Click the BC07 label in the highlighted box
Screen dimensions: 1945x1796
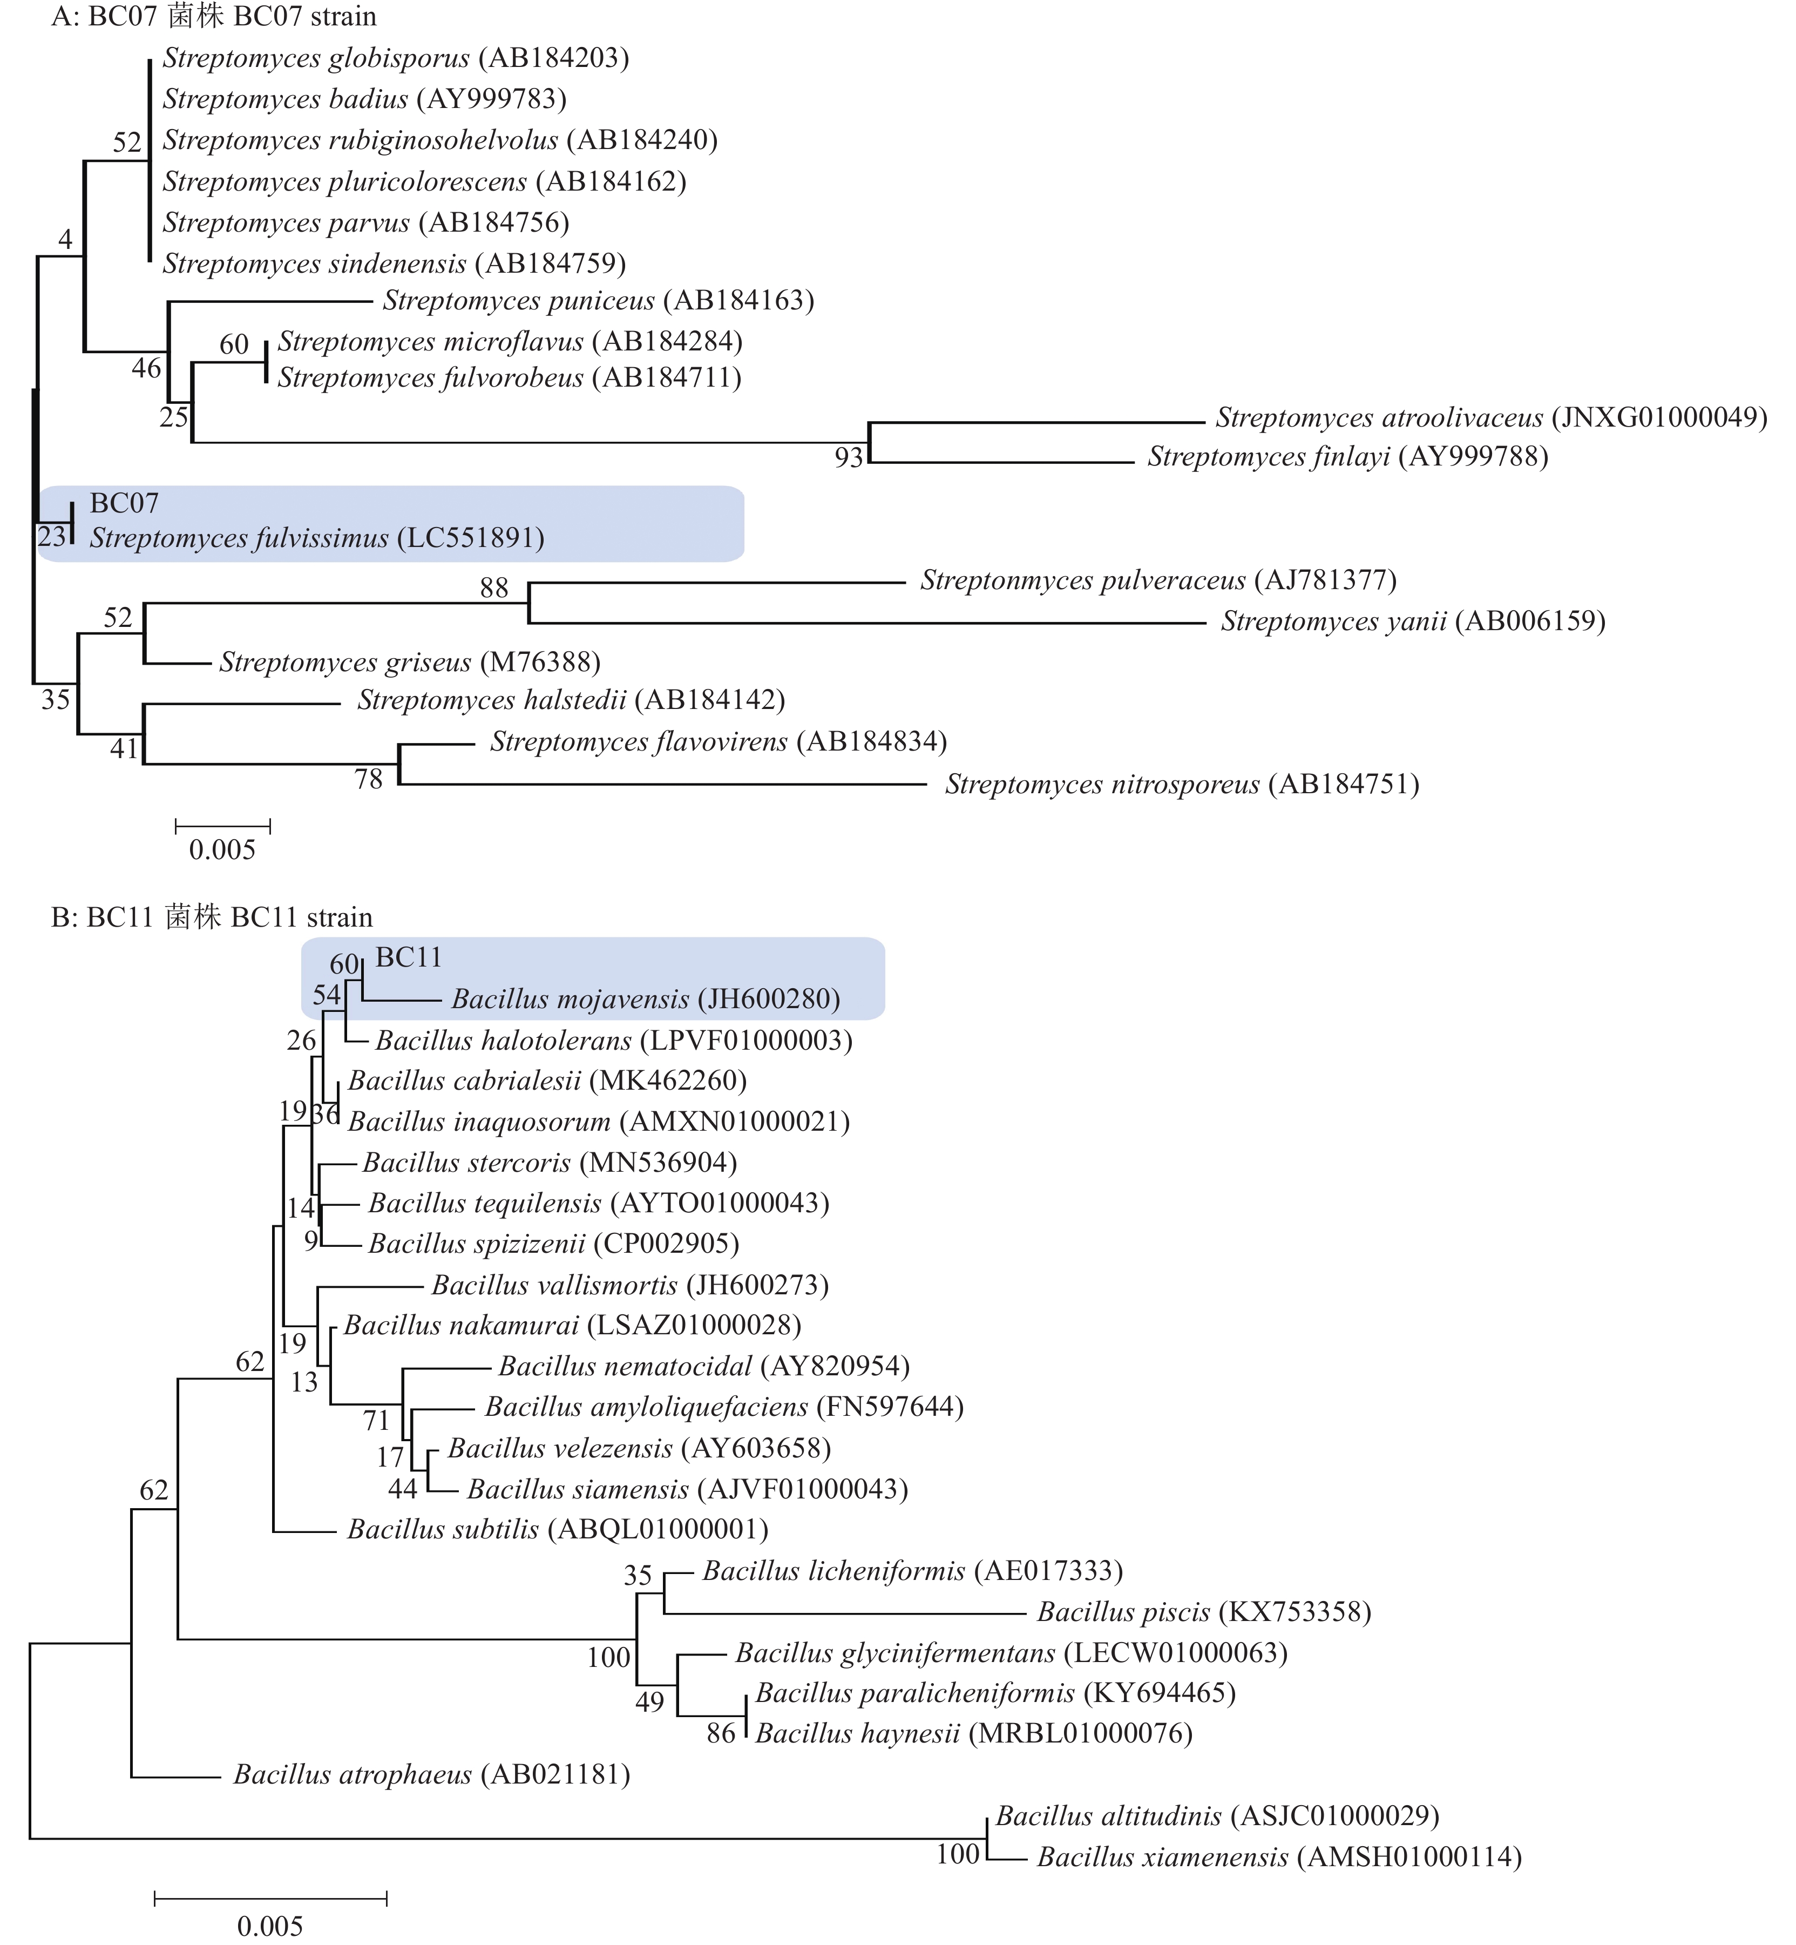(124, 503)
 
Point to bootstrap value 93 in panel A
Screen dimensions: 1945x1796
(849, 458)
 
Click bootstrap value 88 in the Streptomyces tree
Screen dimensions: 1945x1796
(494, 588)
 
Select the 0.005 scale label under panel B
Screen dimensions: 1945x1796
(270, 1926)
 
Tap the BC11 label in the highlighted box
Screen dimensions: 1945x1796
(408, 957)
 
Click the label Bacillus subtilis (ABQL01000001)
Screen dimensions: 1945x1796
(558, 1529)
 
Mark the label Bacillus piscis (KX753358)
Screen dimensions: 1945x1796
(1203, 1612)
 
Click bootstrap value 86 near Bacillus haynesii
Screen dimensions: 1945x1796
(720, 1733)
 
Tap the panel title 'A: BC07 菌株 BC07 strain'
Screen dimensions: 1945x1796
(214, 17)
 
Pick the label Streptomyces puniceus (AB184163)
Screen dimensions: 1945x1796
(598, 300)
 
